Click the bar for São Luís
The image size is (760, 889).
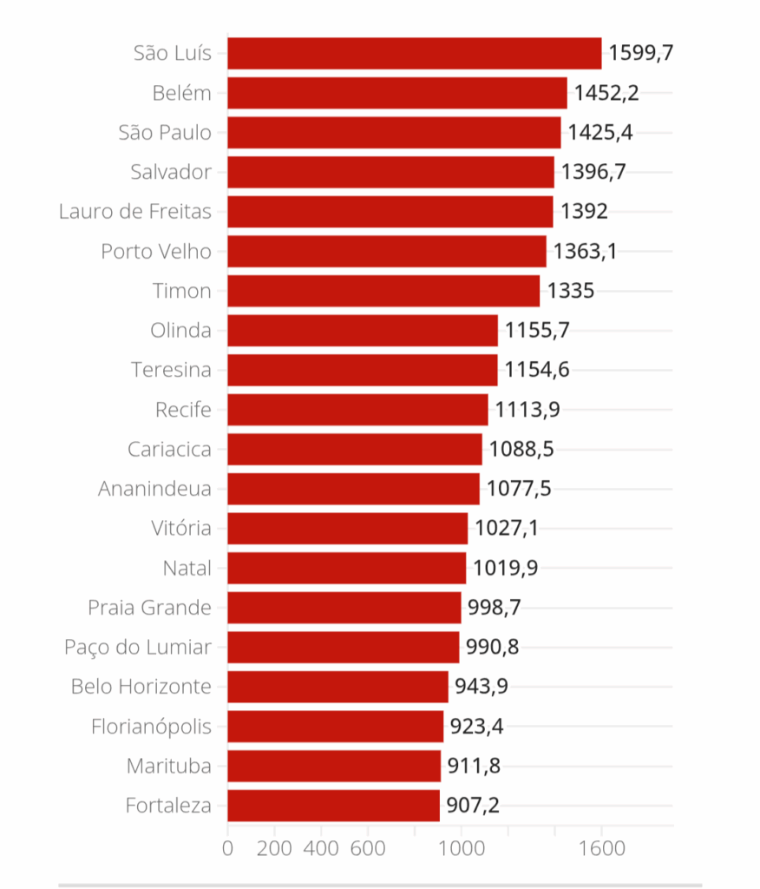(x=415, y=53)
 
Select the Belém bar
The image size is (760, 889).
(x=397, y=93)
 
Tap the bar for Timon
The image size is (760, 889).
(x=383, y=291)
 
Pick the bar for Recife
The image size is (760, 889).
(x=357, y=410)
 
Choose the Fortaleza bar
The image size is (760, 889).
(x=333, y=806)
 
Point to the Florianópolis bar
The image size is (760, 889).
(x=335, y=727)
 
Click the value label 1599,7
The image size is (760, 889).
(x=641, y=53)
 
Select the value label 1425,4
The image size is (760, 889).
(x=600, y=133)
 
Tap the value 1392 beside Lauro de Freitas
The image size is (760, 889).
(x=584, y=212)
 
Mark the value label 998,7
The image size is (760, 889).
(x=495, y=608)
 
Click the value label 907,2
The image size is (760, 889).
(x=473, y=806)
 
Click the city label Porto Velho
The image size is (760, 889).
(x=156, y=252)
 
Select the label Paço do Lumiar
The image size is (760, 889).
(x=138, y=647)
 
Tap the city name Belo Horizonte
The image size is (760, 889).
(x=141, y=687)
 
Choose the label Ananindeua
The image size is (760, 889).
(x=154, y=489)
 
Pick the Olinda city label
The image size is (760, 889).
(x=180, y=331)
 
